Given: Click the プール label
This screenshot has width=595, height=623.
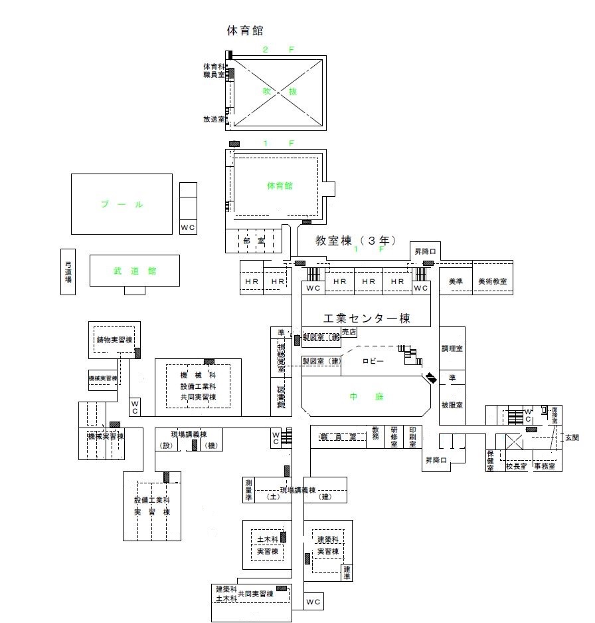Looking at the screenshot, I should [x=122, y=205].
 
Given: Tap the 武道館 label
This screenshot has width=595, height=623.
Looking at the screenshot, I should [x=134, y=271].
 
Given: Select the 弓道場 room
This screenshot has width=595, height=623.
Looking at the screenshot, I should [x=67, y=271].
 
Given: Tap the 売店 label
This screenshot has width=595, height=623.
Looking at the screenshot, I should [x=349, y=332].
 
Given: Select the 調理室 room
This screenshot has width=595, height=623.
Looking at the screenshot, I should [x=451, y=348].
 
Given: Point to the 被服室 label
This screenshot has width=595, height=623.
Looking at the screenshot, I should [x=452, y=404].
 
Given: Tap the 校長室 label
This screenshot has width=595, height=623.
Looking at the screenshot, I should [x=515, y=467].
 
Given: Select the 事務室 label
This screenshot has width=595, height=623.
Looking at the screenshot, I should [x=547, y=467].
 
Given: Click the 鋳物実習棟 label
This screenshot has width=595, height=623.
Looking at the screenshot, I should [x=114, y=340].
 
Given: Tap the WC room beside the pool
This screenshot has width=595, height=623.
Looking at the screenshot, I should [x=188, y=227].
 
